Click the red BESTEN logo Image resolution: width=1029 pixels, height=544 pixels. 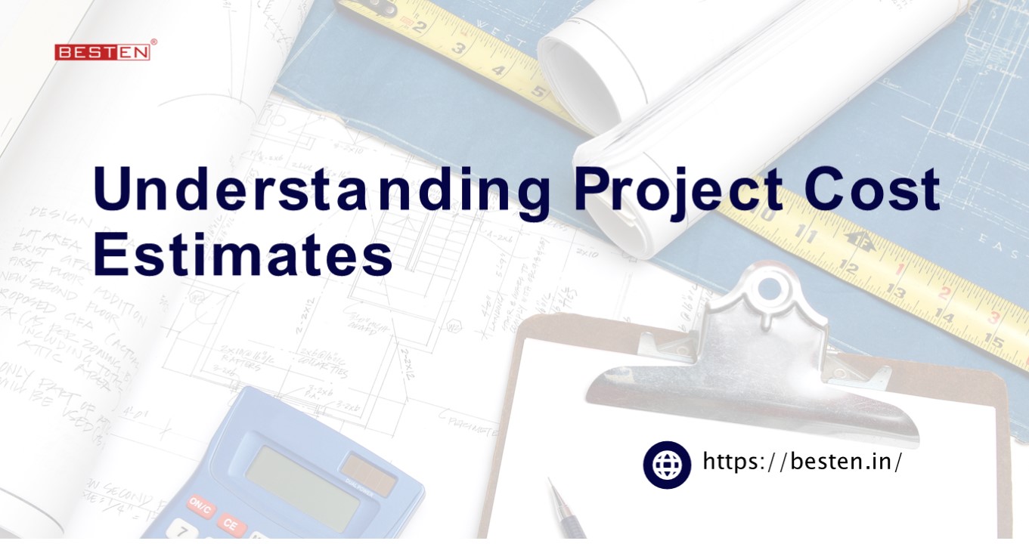[x=101, y=52]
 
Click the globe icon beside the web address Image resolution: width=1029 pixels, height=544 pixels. [x=667, y=465]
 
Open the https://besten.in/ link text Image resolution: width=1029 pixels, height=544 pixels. [x=802, y=461]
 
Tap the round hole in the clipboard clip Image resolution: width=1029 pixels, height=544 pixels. [x=769, y=287]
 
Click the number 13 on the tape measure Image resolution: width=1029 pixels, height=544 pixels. [x=897, y=291]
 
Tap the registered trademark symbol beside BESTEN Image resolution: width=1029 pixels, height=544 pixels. [x=153, y=43]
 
